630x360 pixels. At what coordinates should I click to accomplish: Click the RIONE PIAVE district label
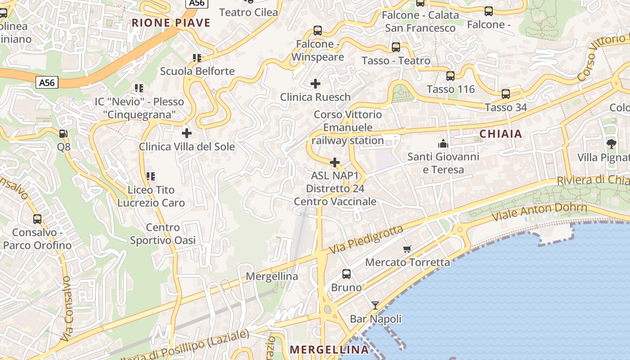click(x=171, y=23)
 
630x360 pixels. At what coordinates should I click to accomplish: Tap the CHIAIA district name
click(x=501, y=134)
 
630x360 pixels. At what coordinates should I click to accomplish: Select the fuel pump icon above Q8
click(x=63, y=134)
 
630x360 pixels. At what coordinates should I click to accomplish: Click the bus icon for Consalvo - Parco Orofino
click(x=37, y=219)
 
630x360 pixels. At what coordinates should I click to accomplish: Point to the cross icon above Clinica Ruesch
click(x=315, y=83)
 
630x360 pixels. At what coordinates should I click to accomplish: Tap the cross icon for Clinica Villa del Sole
click(x=186, y=133)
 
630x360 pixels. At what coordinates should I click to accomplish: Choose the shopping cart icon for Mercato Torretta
click(x=407, y=249)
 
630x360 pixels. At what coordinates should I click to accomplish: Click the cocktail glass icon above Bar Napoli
click(x=375, y=306)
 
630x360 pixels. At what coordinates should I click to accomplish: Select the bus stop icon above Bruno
click(x=346, y=274)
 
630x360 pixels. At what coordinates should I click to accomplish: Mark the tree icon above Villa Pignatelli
click(x=611, y=144)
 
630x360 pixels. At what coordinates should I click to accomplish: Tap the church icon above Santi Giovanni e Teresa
click(x=443, y=144)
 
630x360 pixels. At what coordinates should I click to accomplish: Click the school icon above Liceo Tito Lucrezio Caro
click(x=150, y=176)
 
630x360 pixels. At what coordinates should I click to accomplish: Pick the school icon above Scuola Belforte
click(x=197, y=58)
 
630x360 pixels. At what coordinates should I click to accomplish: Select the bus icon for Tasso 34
click(x=506, y=94)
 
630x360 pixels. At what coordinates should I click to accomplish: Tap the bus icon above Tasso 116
click(x=450, y=76)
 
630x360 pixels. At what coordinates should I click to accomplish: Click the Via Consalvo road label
click(x=67, y=308)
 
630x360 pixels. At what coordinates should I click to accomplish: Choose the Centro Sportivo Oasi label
click(x=163, y=234)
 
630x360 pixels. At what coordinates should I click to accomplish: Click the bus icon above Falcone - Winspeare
click(x=318, y=31)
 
